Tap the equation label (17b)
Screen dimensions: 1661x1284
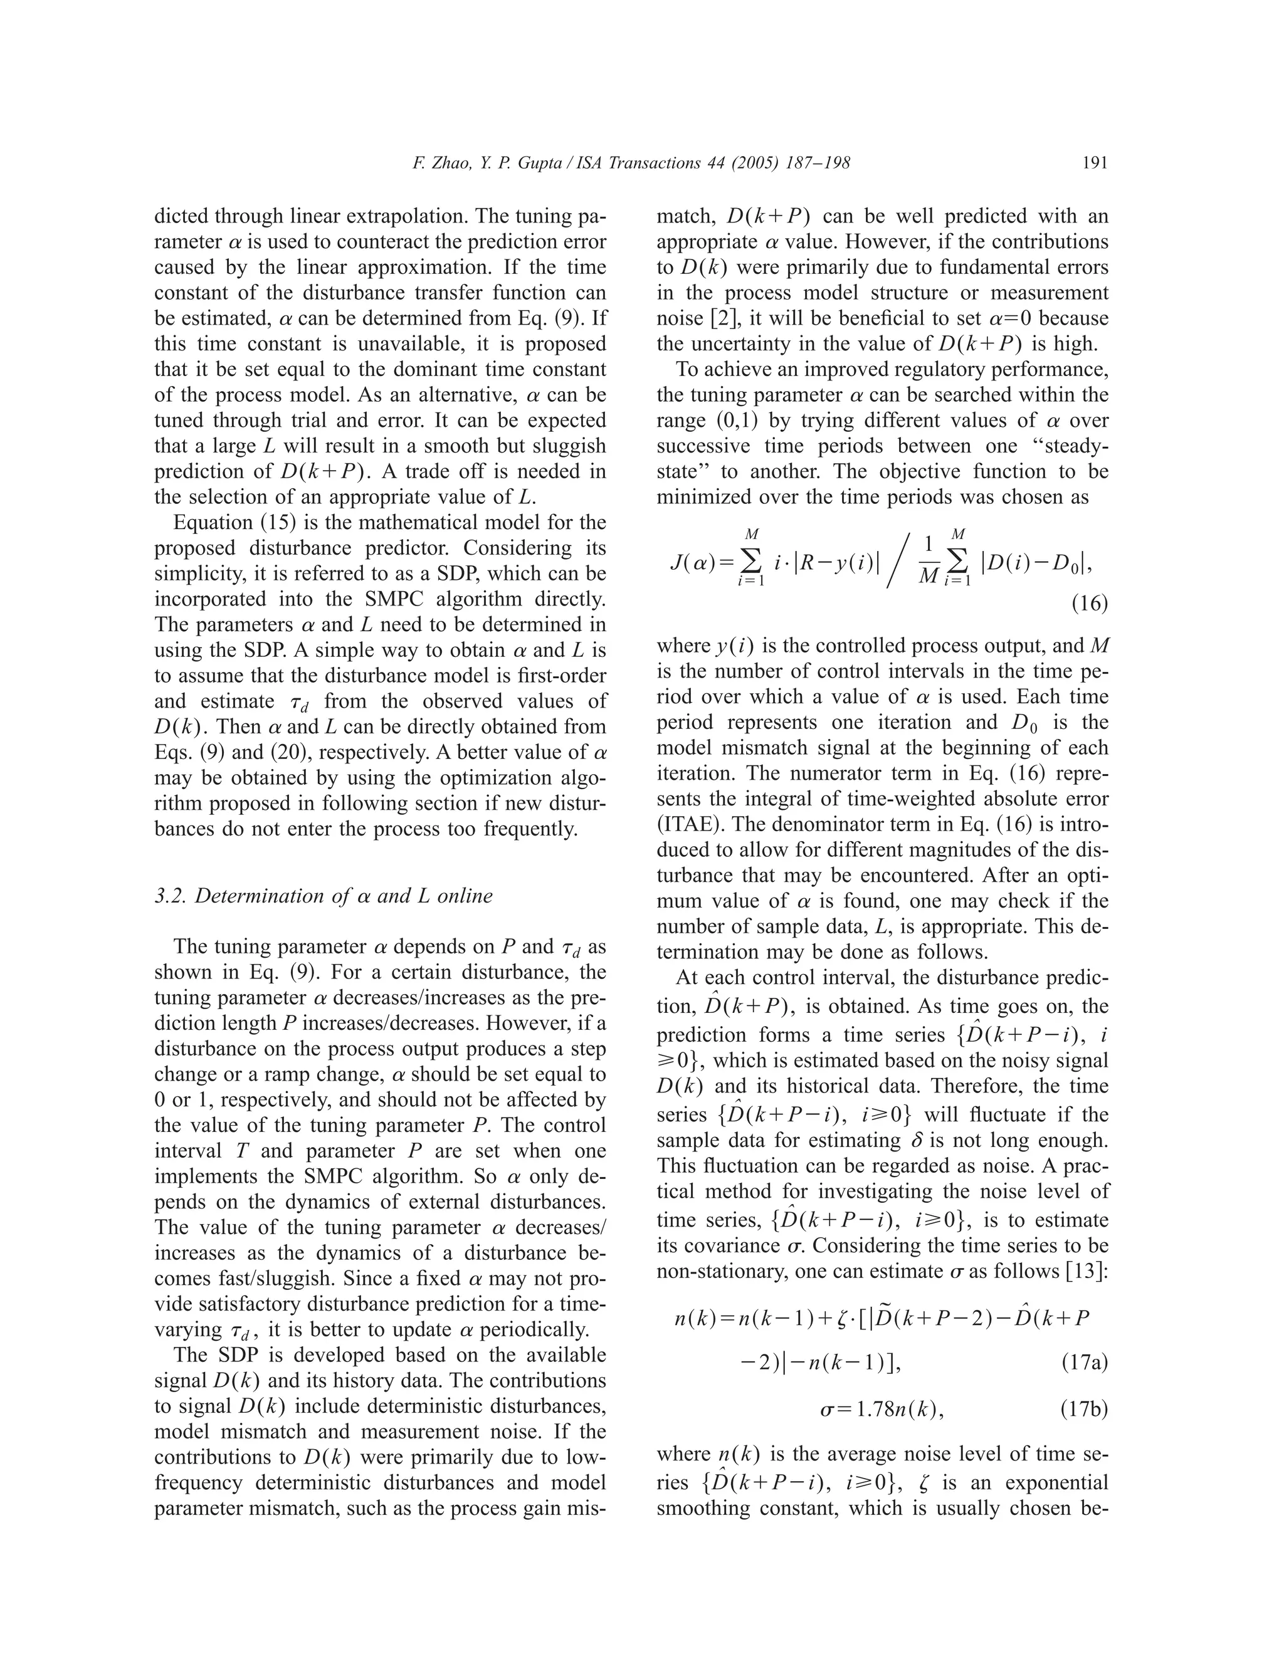pyautogui.click(x=1084, y=1410)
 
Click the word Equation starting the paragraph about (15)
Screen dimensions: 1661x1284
pyautogui.click(x=213, y=523)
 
